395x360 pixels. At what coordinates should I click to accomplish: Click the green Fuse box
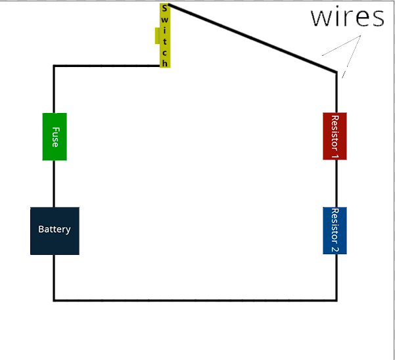point(55,137)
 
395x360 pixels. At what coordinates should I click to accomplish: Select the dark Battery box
point(55,231)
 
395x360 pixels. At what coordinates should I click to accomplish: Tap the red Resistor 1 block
point(335,136)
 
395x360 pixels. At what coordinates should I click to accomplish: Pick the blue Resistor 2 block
point(335,231)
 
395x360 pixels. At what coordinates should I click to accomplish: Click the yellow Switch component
point(165,35)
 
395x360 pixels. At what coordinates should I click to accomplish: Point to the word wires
point(348,17)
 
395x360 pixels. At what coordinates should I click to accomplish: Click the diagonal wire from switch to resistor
point(252,38)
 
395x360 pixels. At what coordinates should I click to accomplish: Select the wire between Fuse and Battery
point(54,184)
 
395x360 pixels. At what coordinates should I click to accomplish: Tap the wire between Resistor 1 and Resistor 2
point(337,183)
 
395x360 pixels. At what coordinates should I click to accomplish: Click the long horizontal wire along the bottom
point(195,300)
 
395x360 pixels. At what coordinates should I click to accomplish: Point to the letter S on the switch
point(164,9)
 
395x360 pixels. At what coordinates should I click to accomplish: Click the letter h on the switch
point(165,63)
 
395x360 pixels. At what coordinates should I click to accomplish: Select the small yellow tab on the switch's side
point(158,35)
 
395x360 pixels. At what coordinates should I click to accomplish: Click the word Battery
point(55,229)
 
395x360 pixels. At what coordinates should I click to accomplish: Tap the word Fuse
point(55,137)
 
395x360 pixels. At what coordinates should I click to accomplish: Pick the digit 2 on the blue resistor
point(335,249)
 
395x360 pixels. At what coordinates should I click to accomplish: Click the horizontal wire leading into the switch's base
point(106,66)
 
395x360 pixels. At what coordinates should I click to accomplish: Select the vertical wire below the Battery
point(54,278)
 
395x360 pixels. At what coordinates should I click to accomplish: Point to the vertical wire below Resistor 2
point(337,277)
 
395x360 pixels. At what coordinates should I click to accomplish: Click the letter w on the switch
point(164,20)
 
